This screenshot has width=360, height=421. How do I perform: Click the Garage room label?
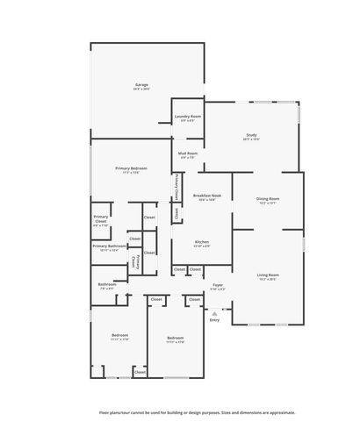[x=141, y=84]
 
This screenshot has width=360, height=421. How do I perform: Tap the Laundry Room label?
[x=188, y=116]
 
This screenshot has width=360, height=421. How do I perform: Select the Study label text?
[x=251, y=134]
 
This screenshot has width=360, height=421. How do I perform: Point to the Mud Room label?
[x=188, y=153]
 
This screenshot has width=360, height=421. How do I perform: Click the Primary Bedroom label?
[x=131, y=168]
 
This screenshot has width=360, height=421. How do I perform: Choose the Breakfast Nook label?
[x=207, y=196]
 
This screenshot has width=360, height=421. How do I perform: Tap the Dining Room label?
[x=268, y=198]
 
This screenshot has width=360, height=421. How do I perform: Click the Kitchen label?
[x=202, y=241]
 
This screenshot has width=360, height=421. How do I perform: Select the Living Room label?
[x=268, y=275]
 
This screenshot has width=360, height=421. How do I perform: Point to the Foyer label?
[x=218, y=285]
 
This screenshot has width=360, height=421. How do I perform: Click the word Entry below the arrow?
[x=214, y=319]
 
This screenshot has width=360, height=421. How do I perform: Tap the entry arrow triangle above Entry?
[x=214, y=311]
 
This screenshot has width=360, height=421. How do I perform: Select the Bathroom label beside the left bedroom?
[x=107, y=284]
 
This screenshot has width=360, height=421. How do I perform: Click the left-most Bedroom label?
[x=120, y=336]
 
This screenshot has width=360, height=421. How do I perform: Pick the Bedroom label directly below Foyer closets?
[x=176, y=338]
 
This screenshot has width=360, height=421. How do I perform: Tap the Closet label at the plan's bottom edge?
[x=140, y=373]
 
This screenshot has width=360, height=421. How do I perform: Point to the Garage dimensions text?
[x=141, y=89]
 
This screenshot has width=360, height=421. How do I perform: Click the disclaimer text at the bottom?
[x=197, y=411]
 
